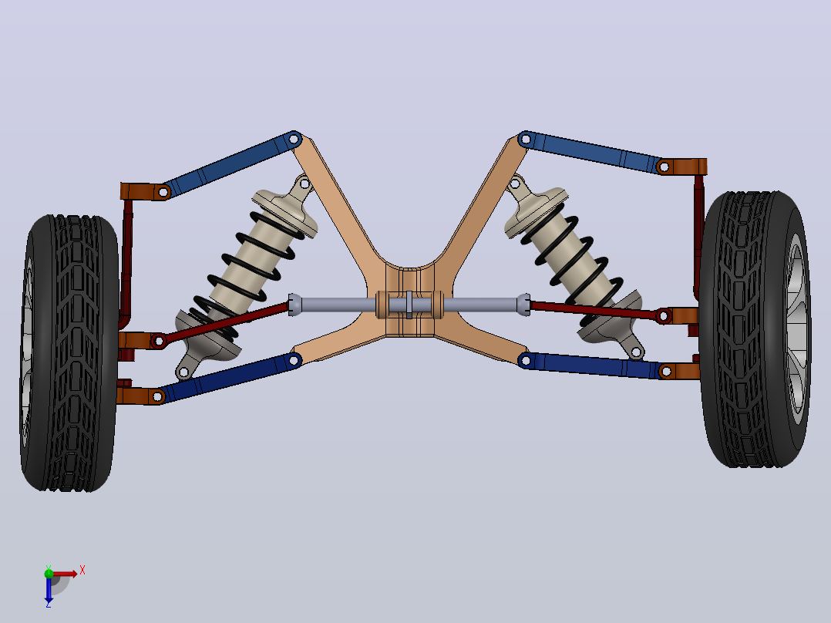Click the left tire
coord(69,352)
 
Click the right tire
coord(755,328)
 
